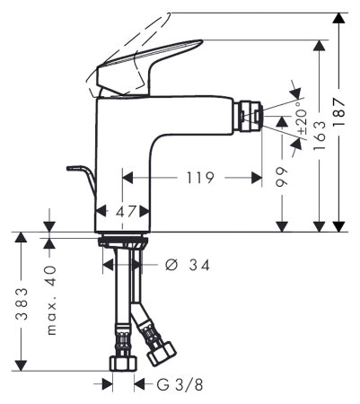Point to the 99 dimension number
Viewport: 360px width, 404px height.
click(282, 176)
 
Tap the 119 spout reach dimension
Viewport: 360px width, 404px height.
click(198, 178)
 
